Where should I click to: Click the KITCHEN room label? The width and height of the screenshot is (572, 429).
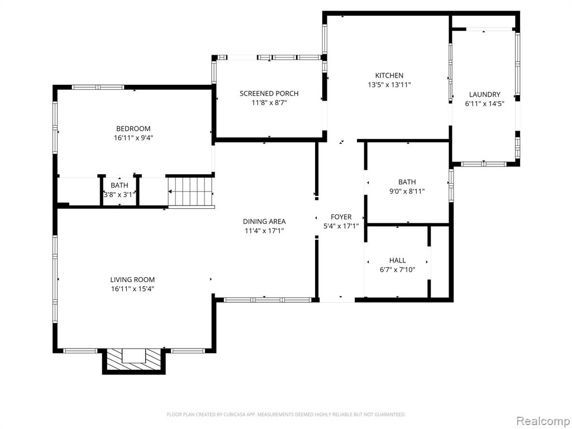389,75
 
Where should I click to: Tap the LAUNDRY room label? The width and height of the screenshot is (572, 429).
484,94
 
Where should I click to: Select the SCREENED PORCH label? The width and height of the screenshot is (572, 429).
269,93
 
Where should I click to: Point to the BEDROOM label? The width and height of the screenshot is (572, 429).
133,128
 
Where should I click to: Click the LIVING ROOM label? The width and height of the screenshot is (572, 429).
132,279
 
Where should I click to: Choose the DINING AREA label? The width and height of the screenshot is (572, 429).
264,221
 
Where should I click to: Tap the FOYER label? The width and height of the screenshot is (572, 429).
341,217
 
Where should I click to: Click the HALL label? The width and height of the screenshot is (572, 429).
397,260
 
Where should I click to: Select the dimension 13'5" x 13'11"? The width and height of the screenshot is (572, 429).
389,85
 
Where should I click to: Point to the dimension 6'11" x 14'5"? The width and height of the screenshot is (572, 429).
484,104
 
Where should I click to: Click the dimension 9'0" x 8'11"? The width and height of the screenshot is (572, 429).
407,192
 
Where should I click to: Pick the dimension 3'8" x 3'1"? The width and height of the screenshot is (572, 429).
120,195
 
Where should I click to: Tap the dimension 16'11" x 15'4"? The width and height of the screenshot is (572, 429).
132,289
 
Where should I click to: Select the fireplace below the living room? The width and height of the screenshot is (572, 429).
134,361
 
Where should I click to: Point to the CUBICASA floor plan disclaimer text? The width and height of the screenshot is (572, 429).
286,414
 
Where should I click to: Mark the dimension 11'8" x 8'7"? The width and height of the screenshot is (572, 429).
269,103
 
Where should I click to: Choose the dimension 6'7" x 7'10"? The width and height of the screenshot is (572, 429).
397,270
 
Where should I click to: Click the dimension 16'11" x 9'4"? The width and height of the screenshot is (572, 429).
133,138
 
